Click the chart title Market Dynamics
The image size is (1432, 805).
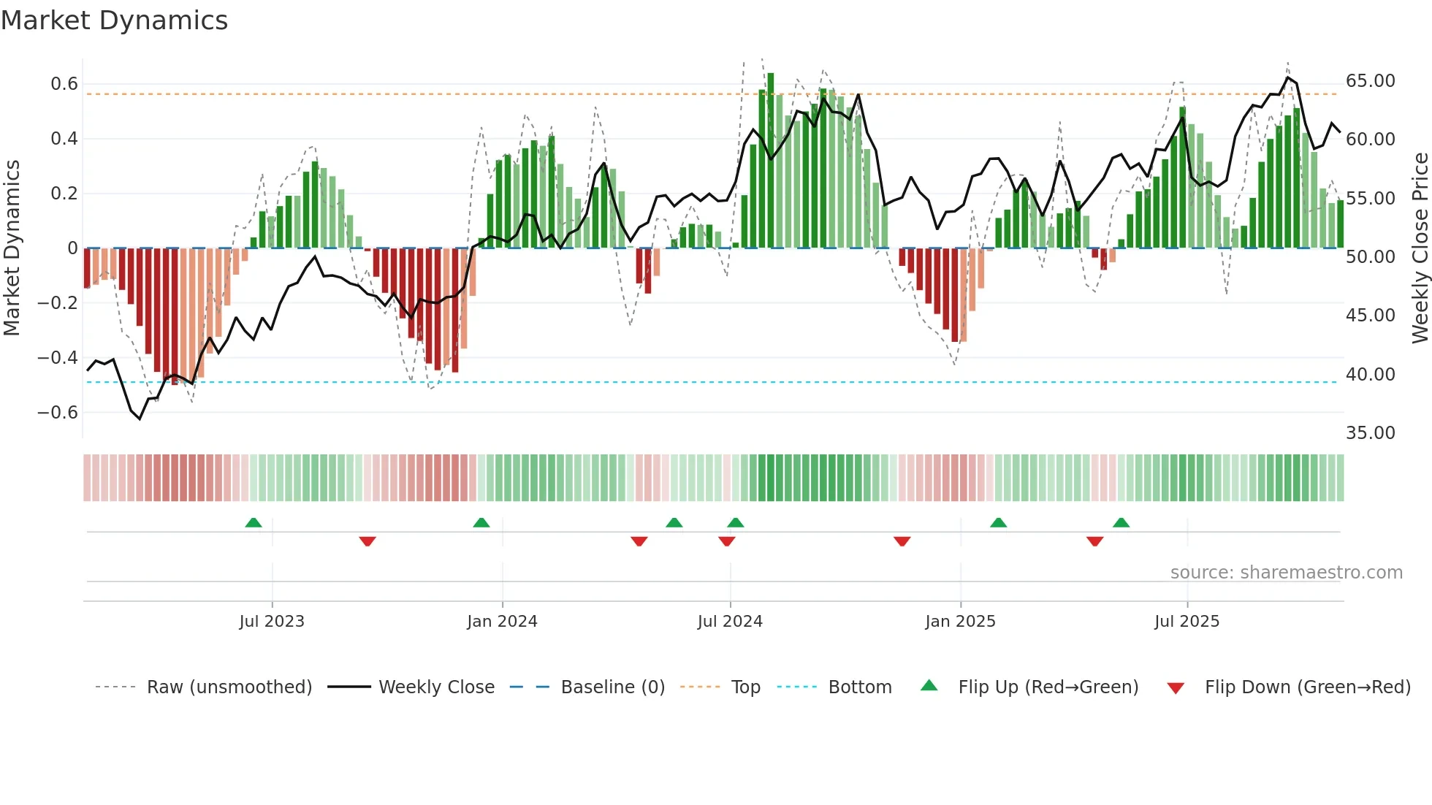pyautogui.click(x=114, y=20)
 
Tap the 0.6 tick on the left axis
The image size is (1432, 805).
pyautogui.click(x=64, y=84)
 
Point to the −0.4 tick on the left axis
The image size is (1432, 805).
pyautogui.click(x=58, y=358)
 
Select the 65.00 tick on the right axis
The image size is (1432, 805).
pyautogui.click(x=1370, y=81)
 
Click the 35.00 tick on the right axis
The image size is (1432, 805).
pyautogui.click(x=1370, y=433)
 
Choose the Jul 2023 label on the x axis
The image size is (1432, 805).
pyautogui.click(x=272, y=622)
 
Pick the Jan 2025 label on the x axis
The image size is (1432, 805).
pyautogui.click(x=960, y=622)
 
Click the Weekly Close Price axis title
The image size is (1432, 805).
pyautogui.click(x=1420, y=248)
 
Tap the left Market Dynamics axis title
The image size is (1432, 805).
pyautogui.click(x=12, y=248)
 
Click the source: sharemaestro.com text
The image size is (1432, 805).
pyautogui.click(x=1286, y=573)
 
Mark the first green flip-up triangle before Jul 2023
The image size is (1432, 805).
pyautogui.click(x=254, y=523)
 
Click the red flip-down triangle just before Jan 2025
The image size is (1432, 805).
pyautogui.click(x=902, y=541)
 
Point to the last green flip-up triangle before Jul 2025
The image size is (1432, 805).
pyautogui.click(x=1121, y=523)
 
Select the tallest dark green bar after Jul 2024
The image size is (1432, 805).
pyautogui.click(x=771, y=161)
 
